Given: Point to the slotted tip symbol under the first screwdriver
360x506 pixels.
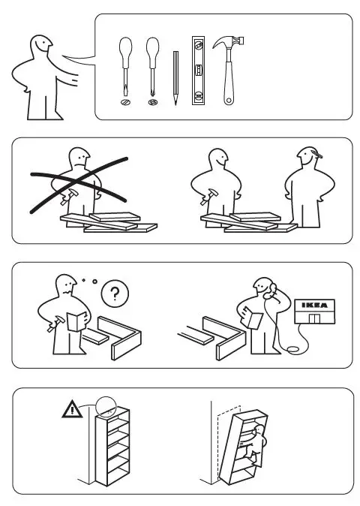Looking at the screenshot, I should tap(124, 101).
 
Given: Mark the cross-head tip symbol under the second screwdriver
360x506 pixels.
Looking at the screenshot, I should tap(153, 101).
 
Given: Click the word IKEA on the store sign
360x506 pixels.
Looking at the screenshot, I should tap(314, 305).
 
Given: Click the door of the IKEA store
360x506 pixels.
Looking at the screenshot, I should tap(314, 319).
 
